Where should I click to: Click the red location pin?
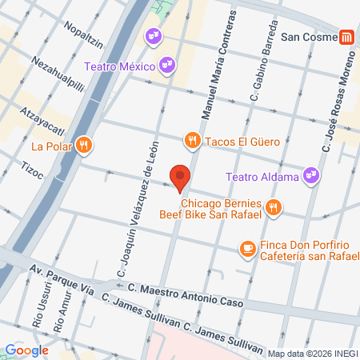(181, 177)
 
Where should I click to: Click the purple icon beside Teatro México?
(166, 65)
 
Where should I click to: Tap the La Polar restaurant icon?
(85, 145)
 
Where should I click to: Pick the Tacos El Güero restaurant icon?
(192, 142)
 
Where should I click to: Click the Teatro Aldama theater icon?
(312, 175)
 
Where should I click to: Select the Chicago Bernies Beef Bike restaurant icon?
(274, 207)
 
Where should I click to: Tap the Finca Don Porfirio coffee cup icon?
(246, 249)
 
